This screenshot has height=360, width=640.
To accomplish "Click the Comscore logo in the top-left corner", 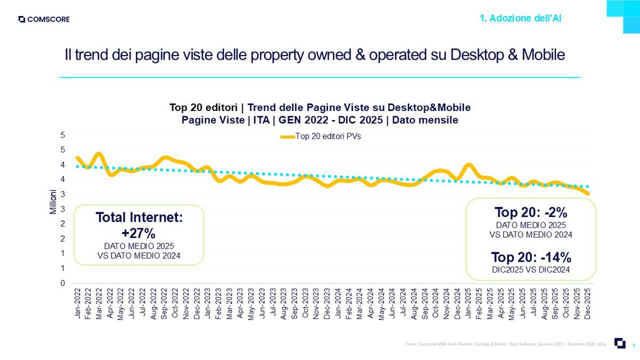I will (x=44, y=20).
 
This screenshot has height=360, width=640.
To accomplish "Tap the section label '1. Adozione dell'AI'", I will (x=521, y=19).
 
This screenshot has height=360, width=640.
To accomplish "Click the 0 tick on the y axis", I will (x=63, y=283).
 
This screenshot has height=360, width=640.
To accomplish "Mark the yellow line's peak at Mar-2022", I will (x=99, y=154).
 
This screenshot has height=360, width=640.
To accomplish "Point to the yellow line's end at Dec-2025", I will (x=588, y=193).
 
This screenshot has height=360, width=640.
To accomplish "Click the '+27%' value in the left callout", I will (x=139, y=233).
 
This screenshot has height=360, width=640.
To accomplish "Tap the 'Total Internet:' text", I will (x=139, y=218).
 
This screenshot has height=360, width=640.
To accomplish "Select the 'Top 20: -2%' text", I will (x=531, y=212).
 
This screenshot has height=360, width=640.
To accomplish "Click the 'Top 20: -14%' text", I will (x=531, y=257).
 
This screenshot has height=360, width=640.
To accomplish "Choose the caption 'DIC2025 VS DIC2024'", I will (x=531, y=270).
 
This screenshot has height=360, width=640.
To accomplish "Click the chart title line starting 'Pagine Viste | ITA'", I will (x=320, y=120).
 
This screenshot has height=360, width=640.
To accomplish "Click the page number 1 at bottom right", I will (x=633, y=346).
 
